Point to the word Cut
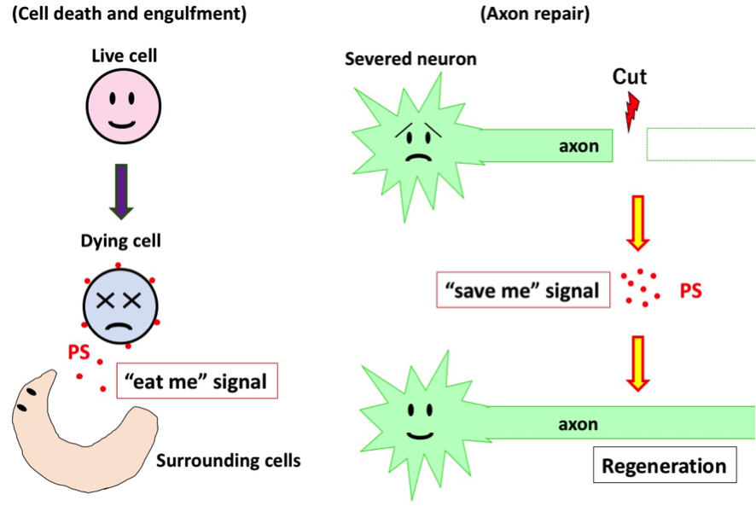pyautogui.click(x=630, y=77)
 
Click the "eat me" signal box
pyautogui.click(x=196, y=381)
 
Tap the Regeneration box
pyautogui.click(x=664, y=466)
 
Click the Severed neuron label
pyautogui.click(x=410, y=59)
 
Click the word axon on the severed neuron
pyautogui.click(x=579, y=146)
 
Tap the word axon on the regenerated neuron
pyautogui.click(x=579, y=424)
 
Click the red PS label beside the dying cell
pyautogui.click(x=79, y=351)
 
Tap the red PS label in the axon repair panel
pyautogui.click(x=690, y=291)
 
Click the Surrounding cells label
pyautogui.click(x=229, y=461)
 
